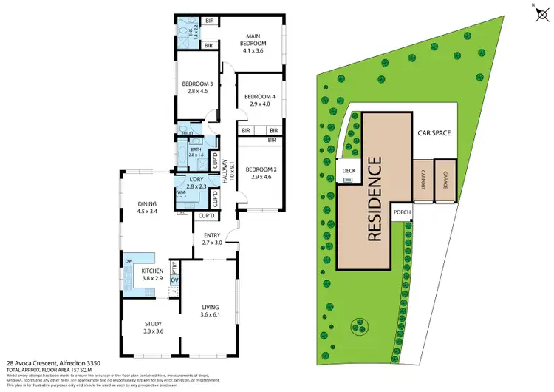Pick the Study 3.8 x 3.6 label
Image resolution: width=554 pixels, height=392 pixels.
click(154, 328)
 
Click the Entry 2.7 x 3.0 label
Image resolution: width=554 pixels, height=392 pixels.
click(212, 238)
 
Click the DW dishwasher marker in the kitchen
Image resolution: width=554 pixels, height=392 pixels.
click(129, 261)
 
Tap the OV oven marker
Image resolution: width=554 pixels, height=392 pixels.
click(174, 280)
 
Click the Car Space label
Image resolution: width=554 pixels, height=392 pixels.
click(434, 134)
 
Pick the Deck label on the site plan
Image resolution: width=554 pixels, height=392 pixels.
click(349, 171)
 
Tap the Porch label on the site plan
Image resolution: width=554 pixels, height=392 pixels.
click(402, 212)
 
